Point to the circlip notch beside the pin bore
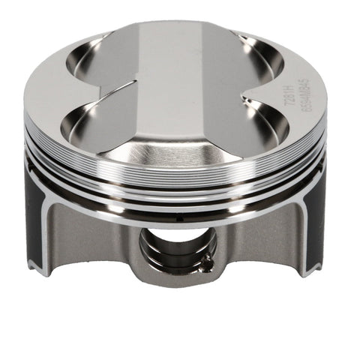tap(202, 260)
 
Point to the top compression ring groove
tap(180, 178)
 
